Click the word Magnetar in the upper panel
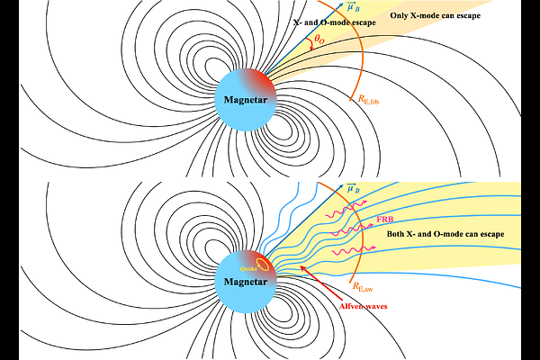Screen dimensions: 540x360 click(x=246, y=100)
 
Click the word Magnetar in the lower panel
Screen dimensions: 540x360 click(x=246, y=282)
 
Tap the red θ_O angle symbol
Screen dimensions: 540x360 click(x=319, y=40)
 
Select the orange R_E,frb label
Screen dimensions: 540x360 click(x=368, y=100)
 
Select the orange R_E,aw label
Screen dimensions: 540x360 click(x=363, y=286)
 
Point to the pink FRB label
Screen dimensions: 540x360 click(x=385, y=219)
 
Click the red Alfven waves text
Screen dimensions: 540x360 click(x=363, y=306)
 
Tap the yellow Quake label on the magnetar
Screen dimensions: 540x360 click(x=248, y=269)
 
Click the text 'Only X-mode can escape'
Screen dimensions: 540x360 click(x=435, y=15)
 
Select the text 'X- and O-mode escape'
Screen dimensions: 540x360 click(x=335, y=22)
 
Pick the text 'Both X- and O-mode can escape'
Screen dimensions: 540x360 click(x=445, y=234)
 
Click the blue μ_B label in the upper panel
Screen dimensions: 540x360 click(x=354, y=6)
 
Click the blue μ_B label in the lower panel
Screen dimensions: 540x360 click(x=354, y=188)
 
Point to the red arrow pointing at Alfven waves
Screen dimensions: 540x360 click(x=321, y=283)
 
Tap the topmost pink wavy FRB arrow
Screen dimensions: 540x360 click(x=346, y=209)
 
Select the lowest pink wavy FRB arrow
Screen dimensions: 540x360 click(x=354, y=250)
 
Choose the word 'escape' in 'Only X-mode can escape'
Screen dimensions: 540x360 click(x=467, y=16)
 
